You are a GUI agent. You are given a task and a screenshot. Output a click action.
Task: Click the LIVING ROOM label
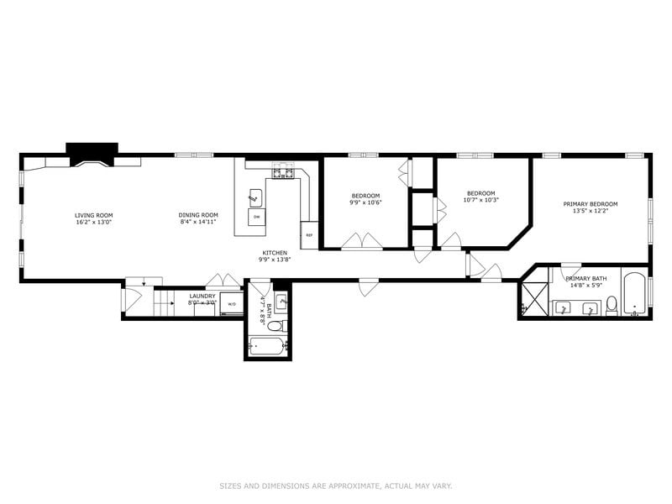[x=93, y=215]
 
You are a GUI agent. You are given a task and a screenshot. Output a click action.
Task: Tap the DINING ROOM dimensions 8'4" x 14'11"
[x=198, y=223]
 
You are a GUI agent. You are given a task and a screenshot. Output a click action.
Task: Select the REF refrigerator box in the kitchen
[x=309, y=235]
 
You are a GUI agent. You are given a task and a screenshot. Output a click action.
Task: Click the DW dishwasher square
[x=256, y=218]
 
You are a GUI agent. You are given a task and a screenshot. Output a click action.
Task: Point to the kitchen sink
[x=255, y=197]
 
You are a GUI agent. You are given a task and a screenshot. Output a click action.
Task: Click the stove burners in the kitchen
[x=281, y=175]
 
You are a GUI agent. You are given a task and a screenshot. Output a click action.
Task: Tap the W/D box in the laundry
[x=232, y=305]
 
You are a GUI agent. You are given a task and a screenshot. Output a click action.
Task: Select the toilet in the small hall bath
[x=283, y=326]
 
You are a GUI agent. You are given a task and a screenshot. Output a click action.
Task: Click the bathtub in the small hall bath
[x=267, y=346]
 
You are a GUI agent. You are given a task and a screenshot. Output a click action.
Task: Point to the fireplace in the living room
[x=92, y=155]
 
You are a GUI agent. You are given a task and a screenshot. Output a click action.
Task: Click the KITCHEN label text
[x=275, y=253]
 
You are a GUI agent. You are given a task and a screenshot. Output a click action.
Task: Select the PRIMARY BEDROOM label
[x=590, y=204]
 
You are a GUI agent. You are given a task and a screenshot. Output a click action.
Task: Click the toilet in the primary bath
[x=612, y=305]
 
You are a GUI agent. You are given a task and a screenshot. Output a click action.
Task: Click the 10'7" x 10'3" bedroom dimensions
[x=482, y=200]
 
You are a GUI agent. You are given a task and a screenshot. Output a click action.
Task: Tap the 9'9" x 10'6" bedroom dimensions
[x=365, y=202]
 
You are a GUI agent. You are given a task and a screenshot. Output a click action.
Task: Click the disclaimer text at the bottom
[x=336, y=486]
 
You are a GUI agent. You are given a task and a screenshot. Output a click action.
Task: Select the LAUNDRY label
[x=202, y=296]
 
